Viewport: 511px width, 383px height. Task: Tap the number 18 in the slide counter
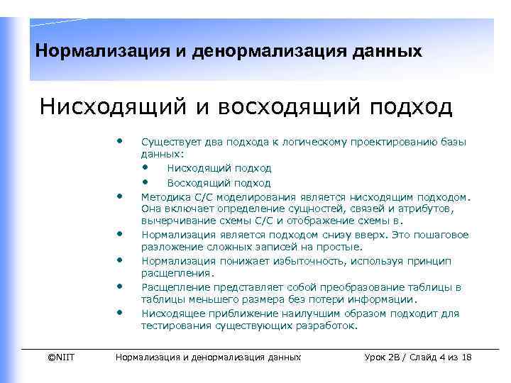(466, 357)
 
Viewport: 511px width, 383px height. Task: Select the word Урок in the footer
(375, 357)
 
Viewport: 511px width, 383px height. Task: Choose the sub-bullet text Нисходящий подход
(219, 168)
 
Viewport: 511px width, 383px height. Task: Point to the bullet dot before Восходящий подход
(145, 182)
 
